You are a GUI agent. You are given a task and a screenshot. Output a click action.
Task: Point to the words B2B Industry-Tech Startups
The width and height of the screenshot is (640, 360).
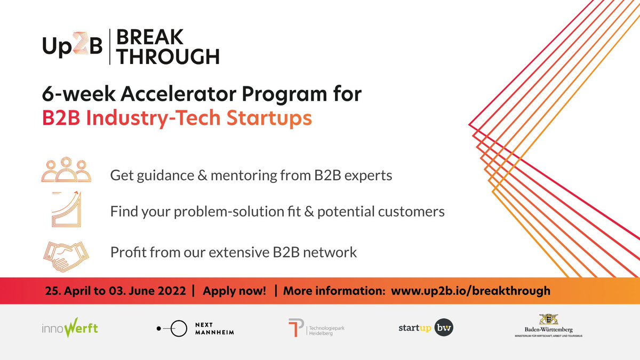click(177, 119)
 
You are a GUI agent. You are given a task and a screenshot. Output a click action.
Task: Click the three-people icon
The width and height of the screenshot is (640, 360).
click(66, 170)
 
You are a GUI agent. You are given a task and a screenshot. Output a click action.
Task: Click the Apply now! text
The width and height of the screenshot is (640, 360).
click(234, 291)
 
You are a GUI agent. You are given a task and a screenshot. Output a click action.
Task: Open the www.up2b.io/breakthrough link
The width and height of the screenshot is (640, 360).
click(470, 291)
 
